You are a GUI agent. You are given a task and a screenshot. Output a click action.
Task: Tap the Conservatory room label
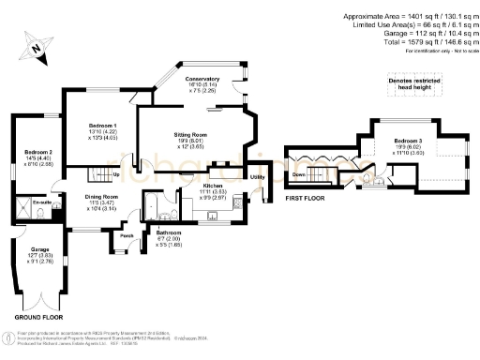click(202, 79)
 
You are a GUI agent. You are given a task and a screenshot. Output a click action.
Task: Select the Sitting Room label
click(189, 135)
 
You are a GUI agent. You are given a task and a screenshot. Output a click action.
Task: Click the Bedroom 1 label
click(102, 126)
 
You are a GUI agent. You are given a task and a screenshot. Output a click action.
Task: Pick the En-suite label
click(40, 202)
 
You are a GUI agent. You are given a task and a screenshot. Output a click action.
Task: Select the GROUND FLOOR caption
click(38, 319)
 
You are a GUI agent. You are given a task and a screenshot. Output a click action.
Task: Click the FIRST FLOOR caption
click(307, 199)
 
